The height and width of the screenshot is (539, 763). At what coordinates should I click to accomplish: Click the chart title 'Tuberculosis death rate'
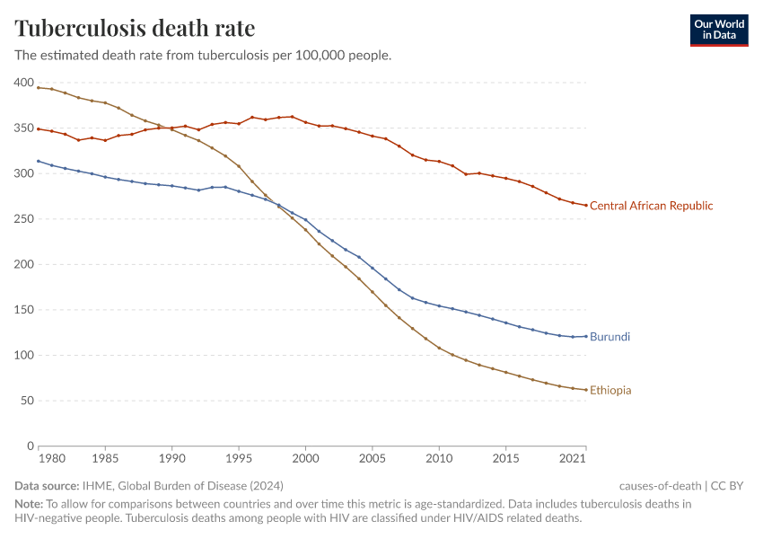pyautogui.click(x=135, y=28)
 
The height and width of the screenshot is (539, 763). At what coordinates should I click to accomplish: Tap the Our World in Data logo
pyautogui.click(x=718, y=30)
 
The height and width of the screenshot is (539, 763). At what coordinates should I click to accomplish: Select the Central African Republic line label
pyautogui.click(x=651, y=206)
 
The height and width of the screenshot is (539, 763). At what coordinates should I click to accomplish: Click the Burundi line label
pyautogui.click(x=610, y=337)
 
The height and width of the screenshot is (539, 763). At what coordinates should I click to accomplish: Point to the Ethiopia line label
pyautogui.click(x=610, y=391)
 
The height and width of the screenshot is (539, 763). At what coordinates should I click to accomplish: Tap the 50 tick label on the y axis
pyautogui.click(x=26, y=401)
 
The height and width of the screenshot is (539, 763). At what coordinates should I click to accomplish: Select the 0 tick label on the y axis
pyautogui.click(x=30, y=446)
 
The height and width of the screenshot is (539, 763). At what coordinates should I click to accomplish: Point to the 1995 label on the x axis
pyautogui.click(x=238, y=460)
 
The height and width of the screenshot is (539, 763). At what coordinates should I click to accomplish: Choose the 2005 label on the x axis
pyautogui.click(x=373, y=460)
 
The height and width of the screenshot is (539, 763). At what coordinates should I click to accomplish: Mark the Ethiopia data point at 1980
pyautogui.click(x=38, y=87)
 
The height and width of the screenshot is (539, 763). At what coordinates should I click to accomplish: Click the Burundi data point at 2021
pyautogui.click(x=586, y=337)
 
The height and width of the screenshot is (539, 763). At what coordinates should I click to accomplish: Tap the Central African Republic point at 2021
pyautogui.click(x=586, y=206)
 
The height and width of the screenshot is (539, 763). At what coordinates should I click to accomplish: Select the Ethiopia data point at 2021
pyautogui.click(x=586, y=390)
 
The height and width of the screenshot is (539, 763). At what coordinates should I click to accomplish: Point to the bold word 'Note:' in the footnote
pyautogui.click(x=30, y=504)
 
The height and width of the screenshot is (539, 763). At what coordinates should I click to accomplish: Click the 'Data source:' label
pyautogui.click(x=47, y=486)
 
